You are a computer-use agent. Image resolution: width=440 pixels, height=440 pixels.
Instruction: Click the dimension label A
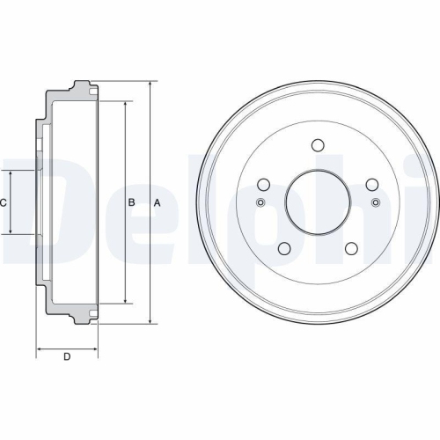point(157,203)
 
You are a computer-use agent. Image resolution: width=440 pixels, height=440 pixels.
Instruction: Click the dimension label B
point(131,203)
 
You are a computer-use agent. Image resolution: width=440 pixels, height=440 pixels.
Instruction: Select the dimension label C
point(4,203)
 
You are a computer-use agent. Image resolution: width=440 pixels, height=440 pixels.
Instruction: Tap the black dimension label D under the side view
point(66,356)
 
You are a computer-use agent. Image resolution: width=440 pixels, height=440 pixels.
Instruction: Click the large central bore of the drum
point(317,203)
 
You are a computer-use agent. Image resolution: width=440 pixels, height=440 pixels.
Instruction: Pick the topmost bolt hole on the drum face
point(317,146)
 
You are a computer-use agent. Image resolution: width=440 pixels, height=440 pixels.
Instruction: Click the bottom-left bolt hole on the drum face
point(284,250)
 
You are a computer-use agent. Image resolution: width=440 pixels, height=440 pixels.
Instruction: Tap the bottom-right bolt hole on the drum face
point(349,250)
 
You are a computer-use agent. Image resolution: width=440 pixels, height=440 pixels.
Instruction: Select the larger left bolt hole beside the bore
point(262,185)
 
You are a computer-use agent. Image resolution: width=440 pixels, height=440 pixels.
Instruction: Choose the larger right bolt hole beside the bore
point(372,185)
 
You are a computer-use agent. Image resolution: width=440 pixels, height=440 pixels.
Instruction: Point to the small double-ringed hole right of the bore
point(376,204)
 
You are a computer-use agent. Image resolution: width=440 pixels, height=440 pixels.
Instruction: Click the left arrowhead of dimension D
point(39,348)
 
